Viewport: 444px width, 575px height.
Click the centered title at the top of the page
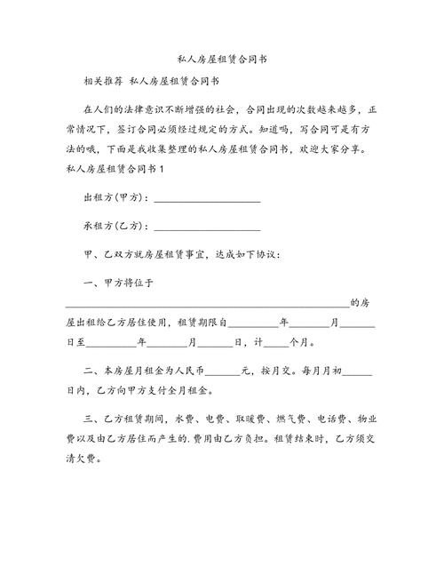[x=222, y=59]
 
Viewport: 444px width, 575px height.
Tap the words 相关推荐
[x=101, y=82]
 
